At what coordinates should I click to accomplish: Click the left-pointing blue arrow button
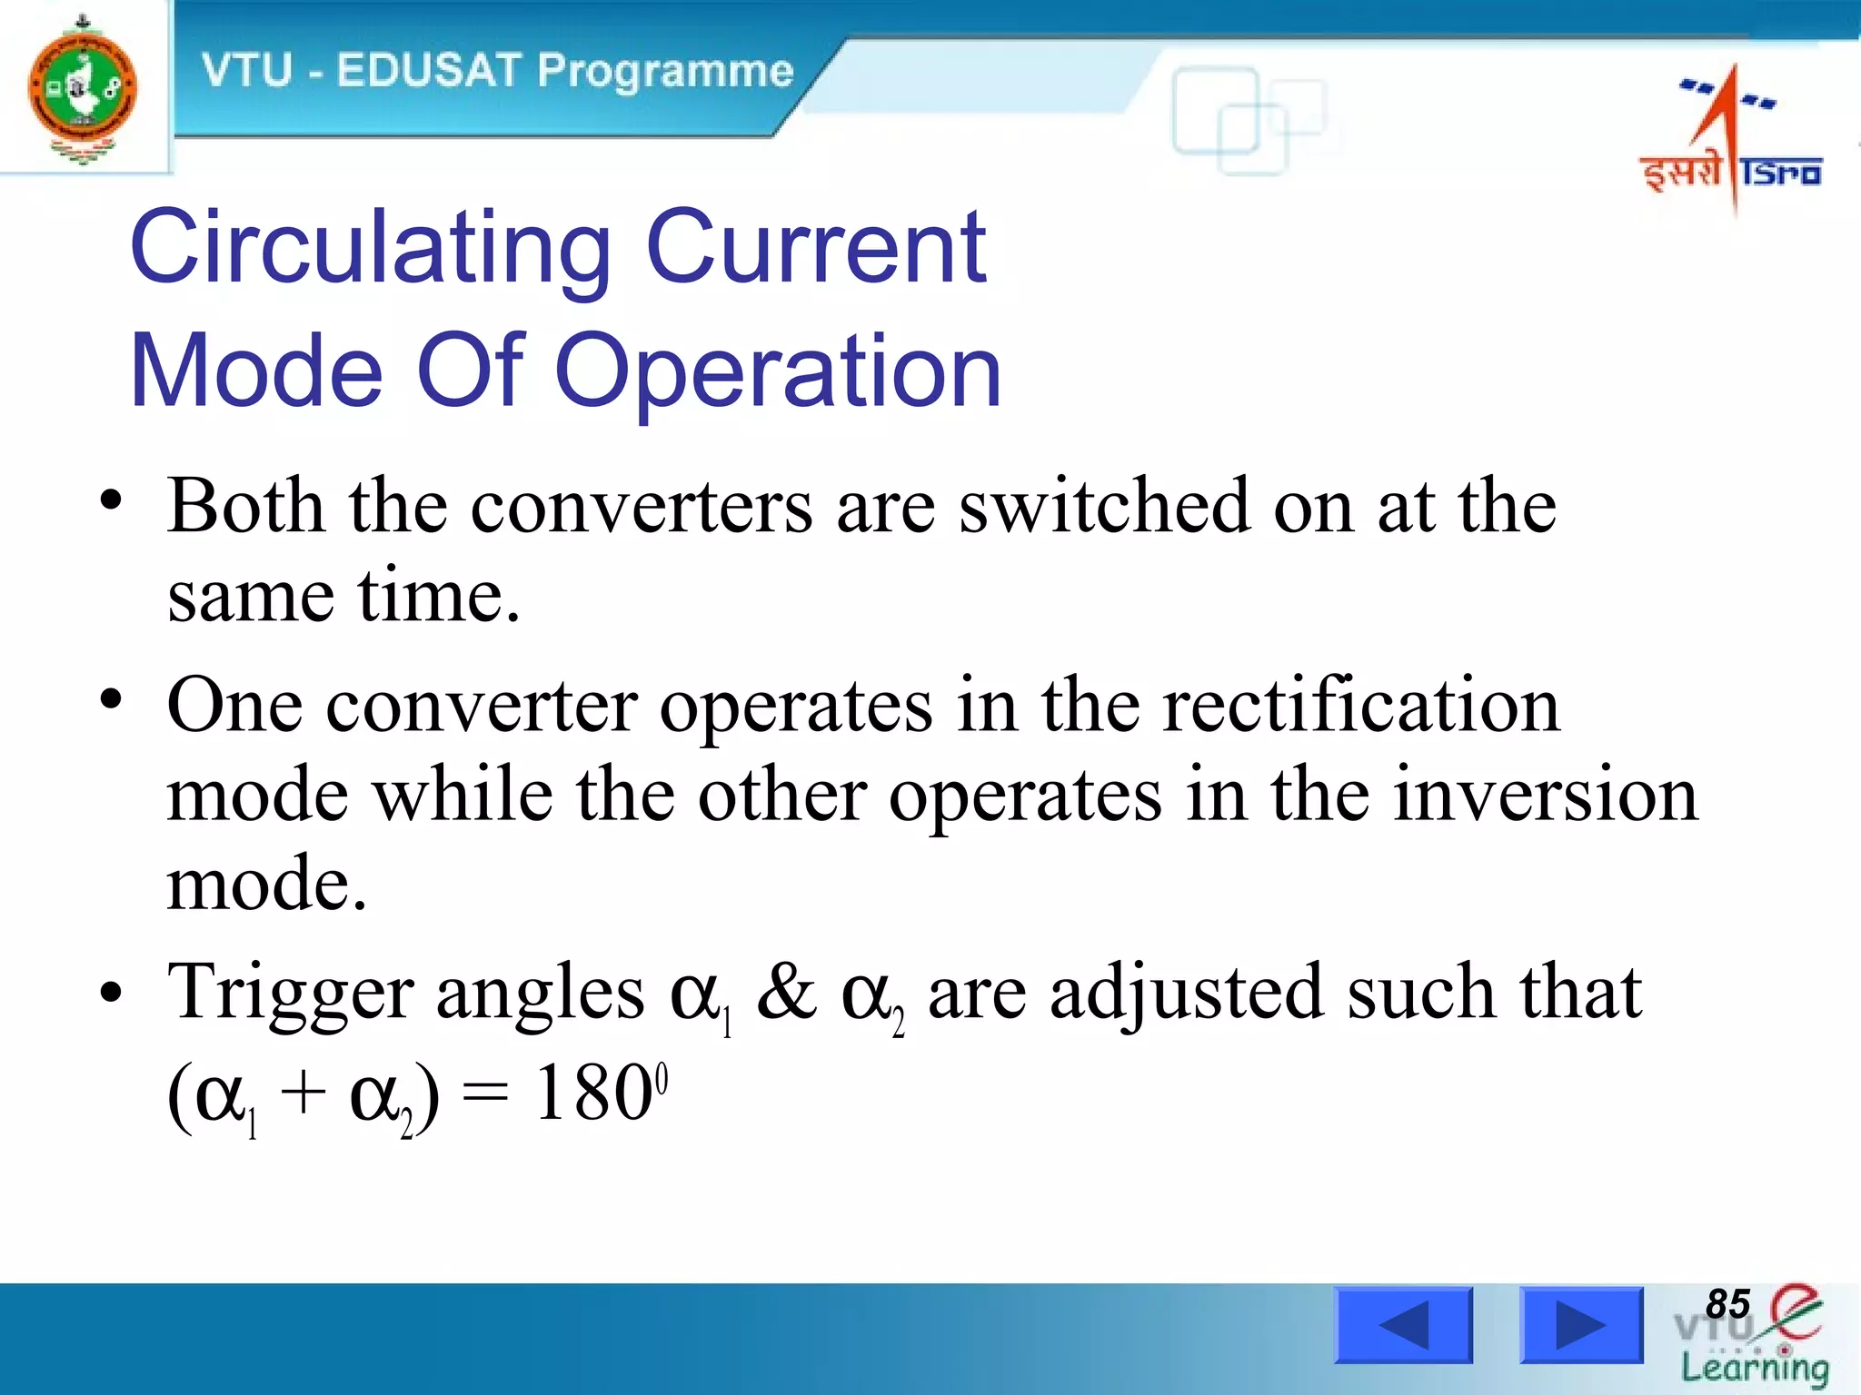click(1403, 1325)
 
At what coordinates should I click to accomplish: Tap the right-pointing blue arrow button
click(1581, 1325)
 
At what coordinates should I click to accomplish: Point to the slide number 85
click(1727, 1304)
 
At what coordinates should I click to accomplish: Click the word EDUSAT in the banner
click(427, 71)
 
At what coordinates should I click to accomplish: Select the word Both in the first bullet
click(245, 505)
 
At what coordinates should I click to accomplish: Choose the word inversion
click(1545, 794)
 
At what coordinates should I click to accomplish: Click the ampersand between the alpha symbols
click(787, 992)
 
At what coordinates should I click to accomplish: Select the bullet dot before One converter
click(111, 699)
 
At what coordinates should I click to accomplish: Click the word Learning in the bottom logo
click(1754, 1368)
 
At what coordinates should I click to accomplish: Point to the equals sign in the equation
click(484, 1095)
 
